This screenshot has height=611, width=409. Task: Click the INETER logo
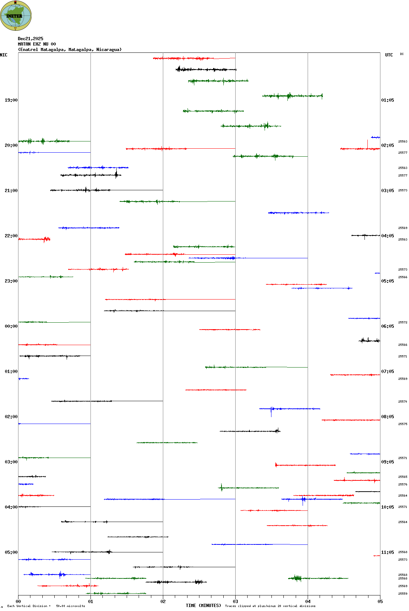[16, 16]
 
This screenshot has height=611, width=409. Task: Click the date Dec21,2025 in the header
[30, 39]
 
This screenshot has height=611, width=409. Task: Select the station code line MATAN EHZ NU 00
[37, 44]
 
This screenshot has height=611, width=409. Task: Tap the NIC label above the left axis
[4, 55]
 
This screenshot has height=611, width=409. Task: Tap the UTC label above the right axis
[389, 55]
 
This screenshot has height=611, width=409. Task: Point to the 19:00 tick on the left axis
[11, 100]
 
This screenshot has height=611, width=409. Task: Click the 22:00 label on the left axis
[11, 236]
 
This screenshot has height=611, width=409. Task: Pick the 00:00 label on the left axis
[11, 326]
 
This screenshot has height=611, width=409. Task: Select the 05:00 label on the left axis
[11, 552]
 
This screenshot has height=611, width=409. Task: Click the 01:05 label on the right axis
[387, 100]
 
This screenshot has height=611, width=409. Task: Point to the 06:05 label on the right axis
[387, 326]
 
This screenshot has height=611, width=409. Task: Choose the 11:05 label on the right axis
[387, 552]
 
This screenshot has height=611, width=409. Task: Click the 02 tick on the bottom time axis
[163, 602]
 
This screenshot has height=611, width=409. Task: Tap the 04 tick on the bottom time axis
[308, 602]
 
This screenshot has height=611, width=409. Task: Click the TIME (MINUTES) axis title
[203, 606]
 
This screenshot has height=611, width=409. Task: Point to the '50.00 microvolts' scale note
[70, 606]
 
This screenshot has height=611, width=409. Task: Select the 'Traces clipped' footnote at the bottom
[270, 606]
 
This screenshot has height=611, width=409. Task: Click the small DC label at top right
[402, 54]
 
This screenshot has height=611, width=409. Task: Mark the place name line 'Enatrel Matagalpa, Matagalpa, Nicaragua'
[70, 50]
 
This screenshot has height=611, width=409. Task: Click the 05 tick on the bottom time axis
[380, 602]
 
